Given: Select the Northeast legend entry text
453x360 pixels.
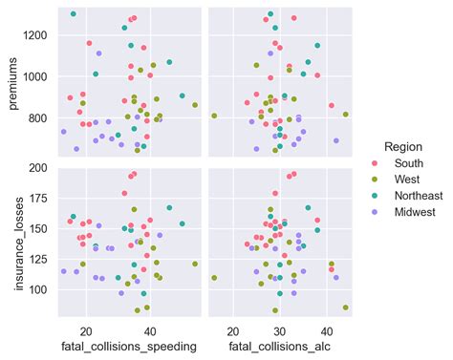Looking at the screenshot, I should pos(409,196).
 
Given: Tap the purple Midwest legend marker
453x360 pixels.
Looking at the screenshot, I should pos(375,212).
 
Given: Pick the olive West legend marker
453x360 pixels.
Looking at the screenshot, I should pos(375,180).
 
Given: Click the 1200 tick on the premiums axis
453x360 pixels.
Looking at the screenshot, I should pos(38,35).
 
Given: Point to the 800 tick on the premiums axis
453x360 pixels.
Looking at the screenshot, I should pos(41,118).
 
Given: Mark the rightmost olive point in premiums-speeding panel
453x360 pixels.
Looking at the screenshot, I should pos(195,105).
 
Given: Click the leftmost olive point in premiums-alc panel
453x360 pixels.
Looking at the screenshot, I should pos(214,116).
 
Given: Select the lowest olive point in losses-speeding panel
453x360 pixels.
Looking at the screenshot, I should pos(137,310).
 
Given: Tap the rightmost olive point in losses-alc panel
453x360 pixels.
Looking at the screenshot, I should pos(345,307).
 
